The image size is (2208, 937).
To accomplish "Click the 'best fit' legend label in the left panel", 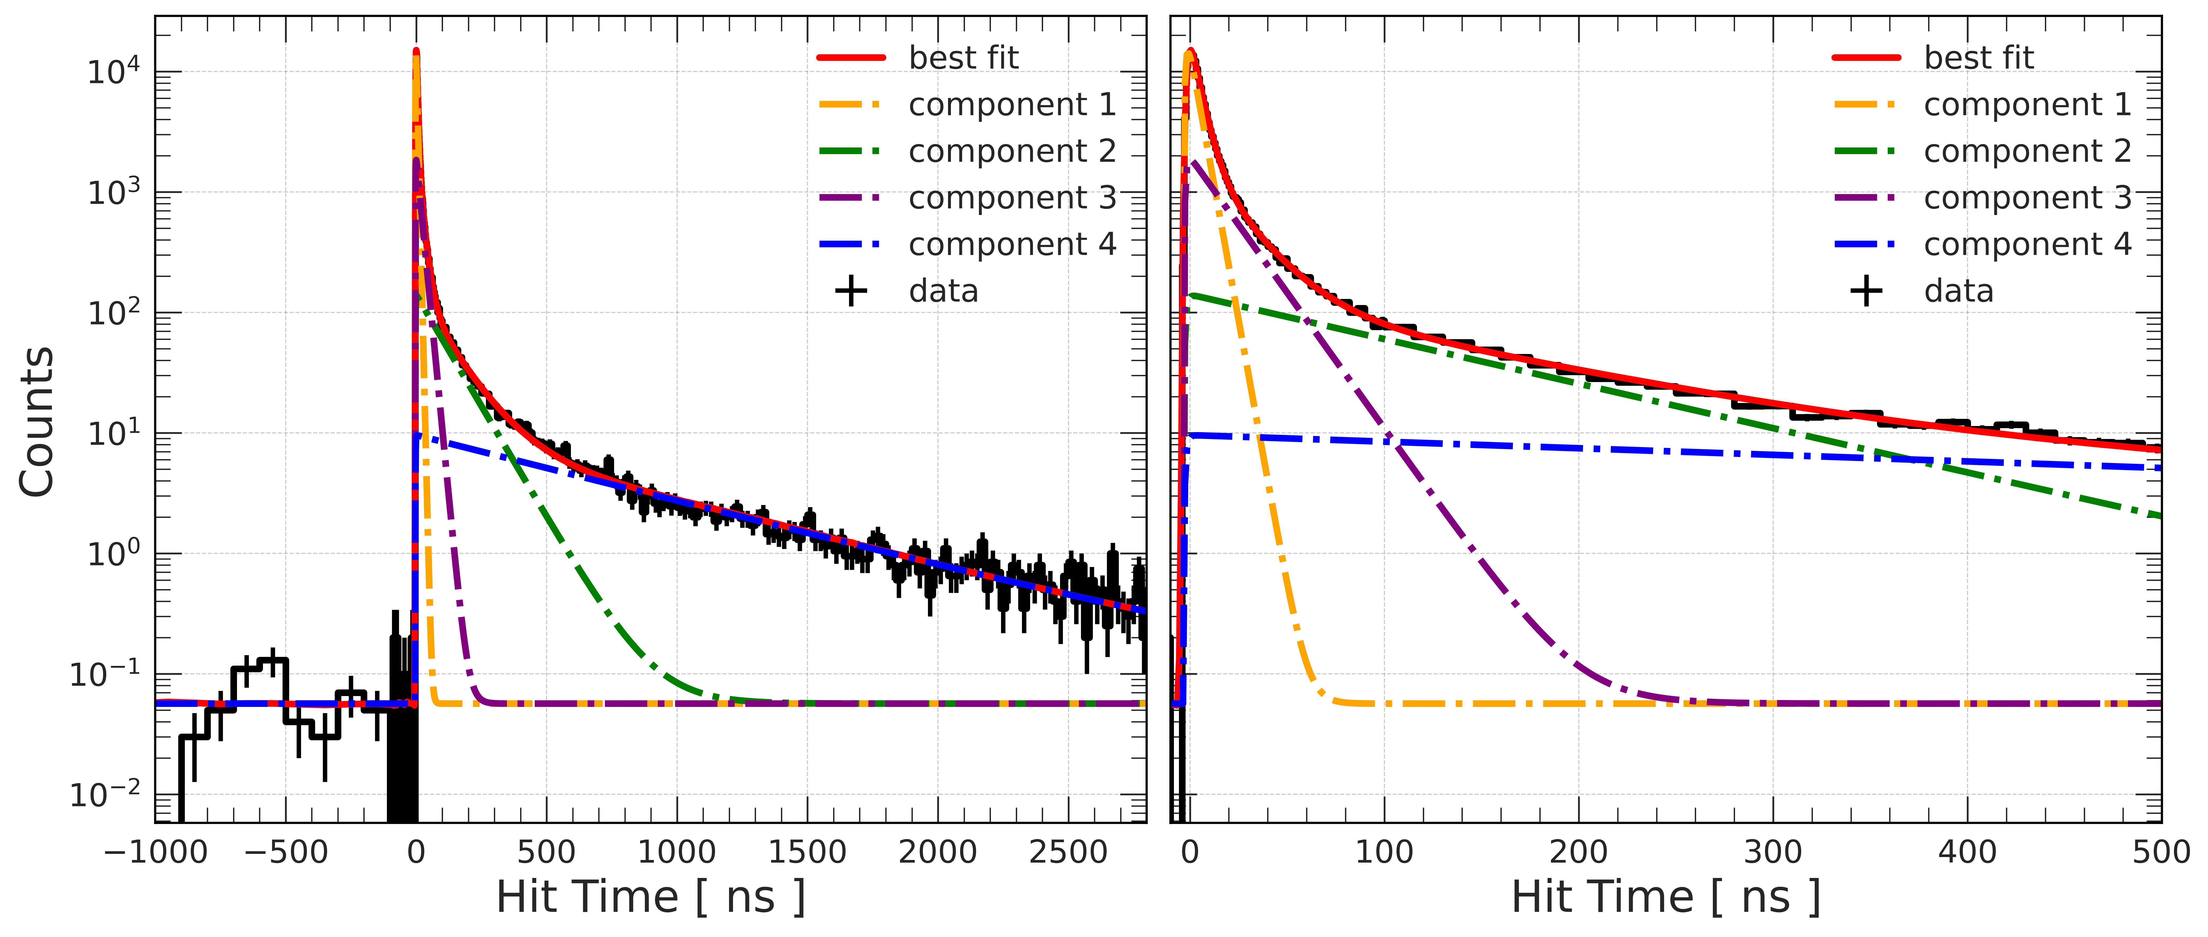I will (x=963, y=58).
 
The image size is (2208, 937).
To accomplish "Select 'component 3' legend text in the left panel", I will (x=1012, y=198).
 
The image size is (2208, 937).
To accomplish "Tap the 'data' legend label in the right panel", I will (x=1959, y=292).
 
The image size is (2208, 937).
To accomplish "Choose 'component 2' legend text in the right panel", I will (x=2027, y=152).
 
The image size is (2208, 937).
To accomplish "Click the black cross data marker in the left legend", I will (x=851, y=292).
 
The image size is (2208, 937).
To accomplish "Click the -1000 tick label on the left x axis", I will (x=155, y=852).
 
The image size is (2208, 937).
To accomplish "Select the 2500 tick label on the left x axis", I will (x=1068, y=852).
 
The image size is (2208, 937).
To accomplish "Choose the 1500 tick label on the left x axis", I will (x=807, y=852).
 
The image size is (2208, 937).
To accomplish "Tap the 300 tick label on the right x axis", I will (x=1773, y=852).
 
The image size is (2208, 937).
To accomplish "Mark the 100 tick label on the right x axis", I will (x=1383, y=852).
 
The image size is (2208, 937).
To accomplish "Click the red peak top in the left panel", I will (x=417, y=51).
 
